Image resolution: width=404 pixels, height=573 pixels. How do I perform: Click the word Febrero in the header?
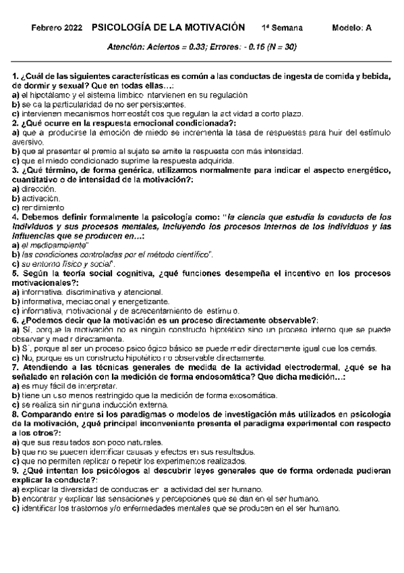point(47,28)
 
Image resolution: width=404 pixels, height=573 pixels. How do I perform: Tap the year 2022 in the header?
point(74,28)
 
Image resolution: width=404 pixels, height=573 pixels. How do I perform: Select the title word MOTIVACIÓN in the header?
point(210,28)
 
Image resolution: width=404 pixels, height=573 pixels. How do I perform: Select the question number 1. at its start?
point(16,76)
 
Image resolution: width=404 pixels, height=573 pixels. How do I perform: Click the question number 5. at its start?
point(16,274)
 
